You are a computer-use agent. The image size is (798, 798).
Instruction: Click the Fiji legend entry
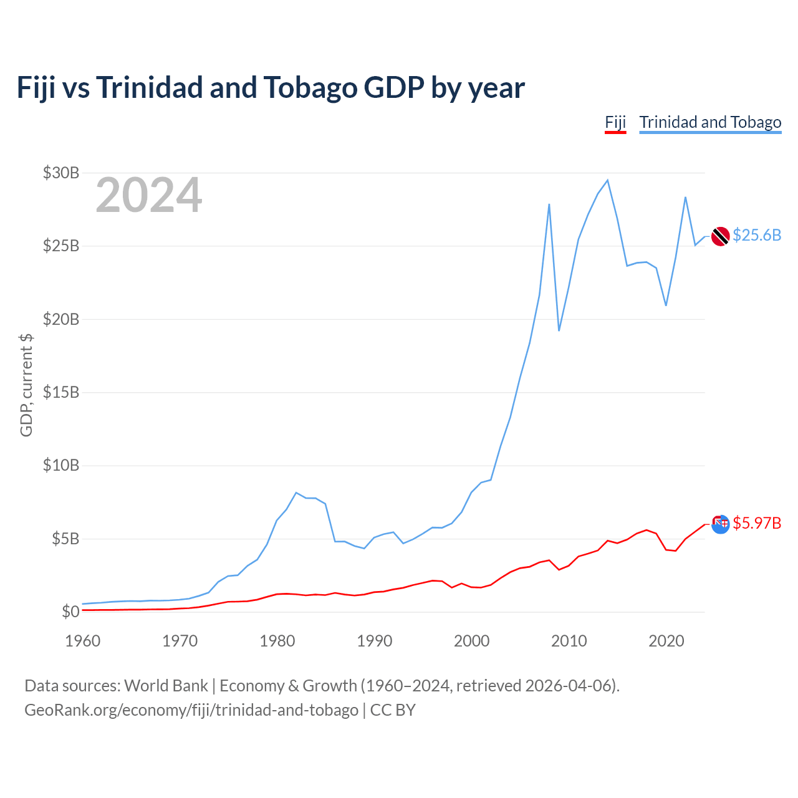pyautogui.click(x=615, y=122)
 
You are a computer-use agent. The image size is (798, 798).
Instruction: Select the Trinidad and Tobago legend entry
pyautogui.click(x=710, y=122)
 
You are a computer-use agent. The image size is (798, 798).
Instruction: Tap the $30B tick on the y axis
pyautogui.click(x=60, y=173)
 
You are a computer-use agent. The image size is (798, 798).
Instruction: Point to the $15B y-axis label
pyautogui.click(x=60, y=392)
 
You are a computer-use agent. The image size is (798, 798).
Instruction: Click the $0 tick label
pyautogui.click(x=70, y=612)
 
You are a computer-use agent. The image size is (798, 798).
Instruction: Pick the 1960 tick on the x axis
pyautogui.click(x=82, y=641)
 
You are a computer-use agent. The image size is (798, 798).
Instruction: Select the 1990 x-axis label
pyautogui.click(x=374, y=641)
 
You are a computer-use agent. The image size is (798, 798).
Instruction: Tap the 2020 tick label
pyautogui.click(x=666, y=641)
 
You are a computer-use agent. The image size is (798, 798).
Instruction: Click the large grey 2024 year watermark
pyautogui.click(x=148, y=195)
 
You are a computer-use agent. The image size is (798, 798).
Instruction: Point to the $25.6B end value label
pyautogui.click(x=756, y=235)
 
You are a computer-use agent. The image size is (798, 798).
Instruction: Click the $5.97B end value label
pyautogui.click(x=756, y=523)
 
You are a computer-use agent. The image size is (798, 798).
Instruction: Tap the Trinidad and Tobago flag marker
pyautogui.click(x=720, y=236)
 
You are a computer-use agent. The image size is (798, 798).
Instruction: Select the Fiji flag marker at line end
pyautogui.click(x=720, y=524)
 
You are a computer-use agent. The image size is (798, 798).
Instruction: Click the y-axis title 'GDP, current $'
pyautogui.click(x=26, y=385)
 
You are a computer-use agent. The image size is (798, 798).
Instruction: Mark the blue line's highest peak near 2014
pyautogui.click(x=607, y=180)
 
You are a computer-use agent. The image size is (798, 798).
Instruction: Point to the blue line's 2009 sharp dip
pyautogui.click(x=559, y=330)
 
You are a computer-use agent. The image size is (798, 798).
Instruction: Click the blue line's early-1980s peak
pyautogui.click(x=296, y=493)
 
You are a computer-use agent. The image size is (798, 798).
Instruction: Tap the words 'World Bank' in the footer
pyautogui.click(x=166, y=686)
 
